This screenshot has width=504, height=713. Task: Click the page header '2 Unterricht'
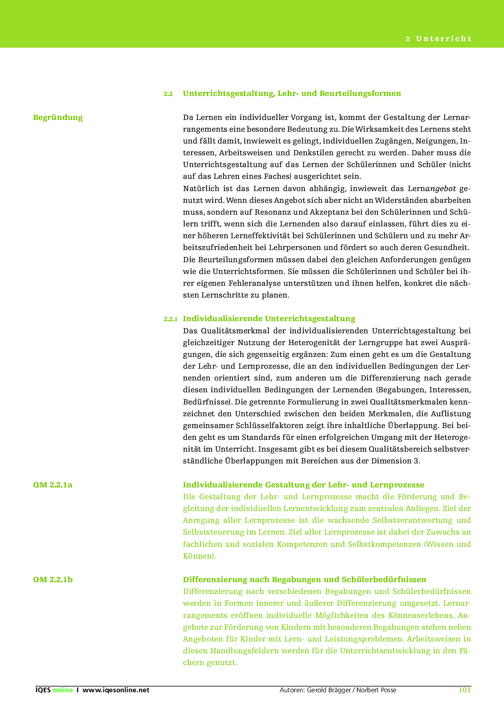[x=439, y=39]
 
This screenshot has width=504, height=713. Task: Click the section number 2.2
[x=168, y=94]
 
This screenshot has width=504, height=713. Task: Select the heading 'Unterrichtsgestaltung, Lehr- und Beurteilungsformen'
[x=292, y=93]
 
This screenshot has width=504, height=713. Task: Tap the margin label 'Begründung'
[x=58, y=117]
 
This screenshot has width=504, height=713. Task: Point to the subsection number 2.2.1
[x=171, y=319]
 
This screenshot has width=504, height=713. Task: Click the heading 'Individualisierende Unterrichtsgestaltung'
[x=269, y=318]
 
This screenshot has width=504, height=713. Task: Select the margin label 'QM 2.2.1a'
[x=53, y=485]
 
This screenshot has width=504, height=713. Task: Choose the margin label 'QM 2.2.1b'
[x=53, y=579]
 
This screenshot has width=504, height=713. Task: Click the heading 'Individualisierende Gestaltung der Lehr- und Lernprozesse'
[x=303, y=485]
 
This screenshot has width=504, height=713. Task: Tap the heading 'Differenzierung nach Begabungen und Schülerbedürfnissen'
[x=304, y=579]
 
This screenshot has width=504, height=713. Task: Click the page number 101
[x=464, y=690]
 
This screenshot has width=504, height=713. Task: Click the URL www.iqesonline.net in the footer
[x=116, y=690]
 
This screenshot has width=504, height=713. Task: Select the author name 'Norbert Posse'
[x=376, y=690]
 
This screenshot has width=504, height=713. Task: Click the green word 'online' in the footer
[x=63, y=690]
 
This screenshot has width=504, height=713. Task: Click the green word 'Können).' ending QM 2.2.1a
[x=199, y=556]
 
